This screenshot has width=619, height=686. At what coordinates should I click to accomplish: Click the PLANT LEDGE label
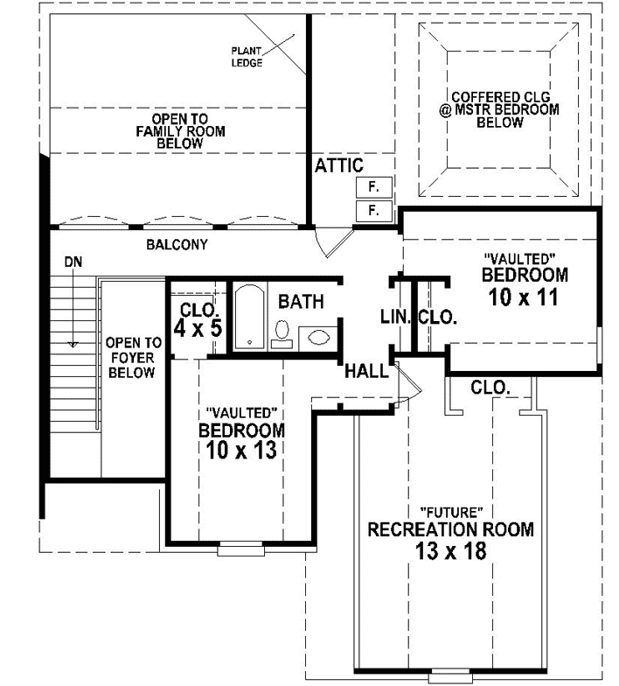click(247, 56)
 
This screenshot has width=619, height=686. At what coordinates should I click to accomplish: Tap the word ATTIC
click(338, 165)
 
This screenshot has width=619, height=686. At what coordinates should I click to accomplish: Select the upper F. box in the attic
click(372, 187)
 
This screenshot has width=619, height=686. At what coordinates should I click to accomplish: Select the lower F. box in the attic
click(372, 211)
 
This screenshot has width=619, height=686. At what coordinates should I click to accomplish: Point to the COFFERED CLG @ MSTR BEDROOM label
click(499, 109)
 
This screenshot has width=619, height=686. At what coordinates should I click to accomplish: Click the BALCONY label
click(177, 245)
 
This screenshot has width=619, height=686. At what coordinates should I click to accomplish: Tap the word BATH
click(301, 302)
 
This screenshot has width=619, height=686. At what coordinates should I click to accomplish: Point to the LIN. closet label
click(395, 317)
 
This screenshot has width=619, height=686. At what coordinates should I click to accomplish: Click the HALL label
click(366, 371)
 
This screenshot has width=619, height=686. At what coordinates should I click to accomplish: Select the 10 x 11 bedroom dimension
click(524, 297)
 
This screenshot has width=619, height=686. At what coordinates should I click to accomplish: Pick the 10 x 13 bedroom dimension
click(241, 451)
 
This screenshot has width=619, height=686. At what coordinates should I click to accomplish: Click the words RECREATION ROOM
click(450, 529)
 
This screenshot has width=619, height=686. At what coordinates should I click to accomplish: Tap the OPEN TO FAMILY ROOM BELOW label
click(179, 130)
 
